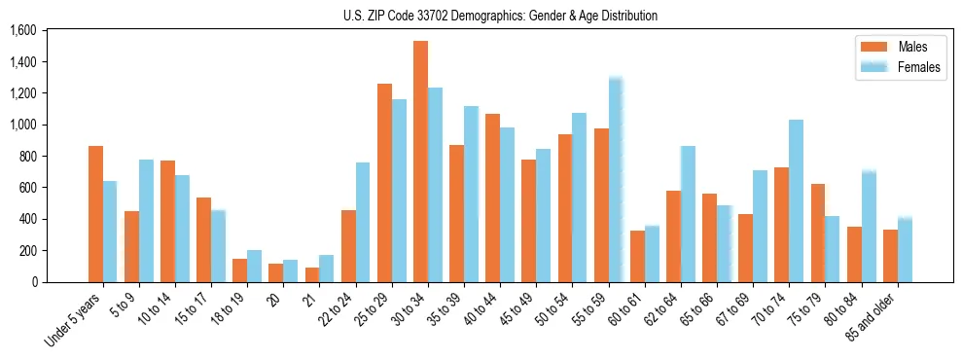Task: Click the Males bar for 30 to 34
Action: tap(420, 162)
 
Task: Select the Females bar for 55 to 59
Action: tap(615, 180)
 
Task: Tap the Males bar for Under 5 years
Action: tap(95, 214)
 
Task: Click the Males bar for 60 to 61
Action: tap(637, 256)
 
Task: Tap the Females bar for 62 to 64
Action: tap(688, 214)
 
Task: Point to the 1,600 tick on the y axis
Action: tap(22, 31)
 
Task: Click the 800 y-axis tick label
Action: tap(27, 157)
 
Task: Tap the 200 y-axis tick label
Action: tap(27, 250)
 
